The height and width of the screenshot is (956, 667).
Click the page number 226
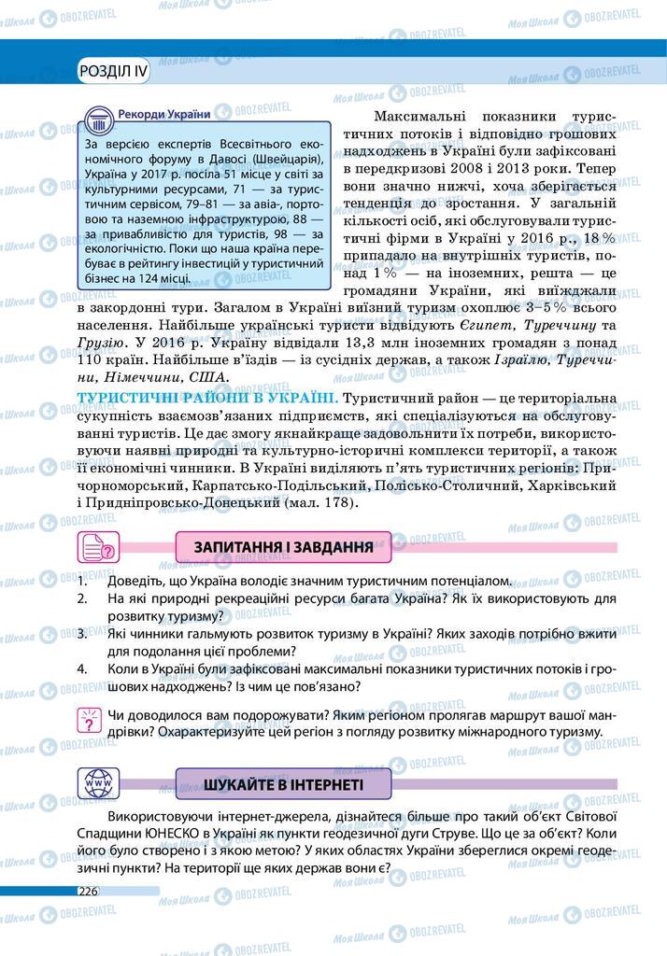[x=88, y=890]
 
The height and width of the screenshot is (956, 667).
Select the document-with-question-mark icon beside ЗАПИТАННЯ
[x=98, y=547]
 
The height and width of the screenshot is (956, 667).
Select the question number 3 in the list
[x=82, y=633]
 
